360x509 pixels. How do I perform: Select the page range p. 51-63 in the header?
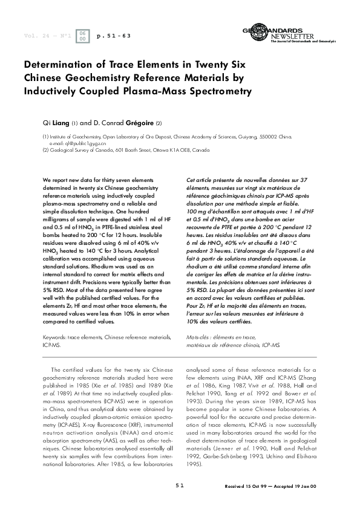click(x=114, y=36)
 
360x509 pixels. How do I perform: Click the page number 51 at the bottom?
click(x=180, y=485)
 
